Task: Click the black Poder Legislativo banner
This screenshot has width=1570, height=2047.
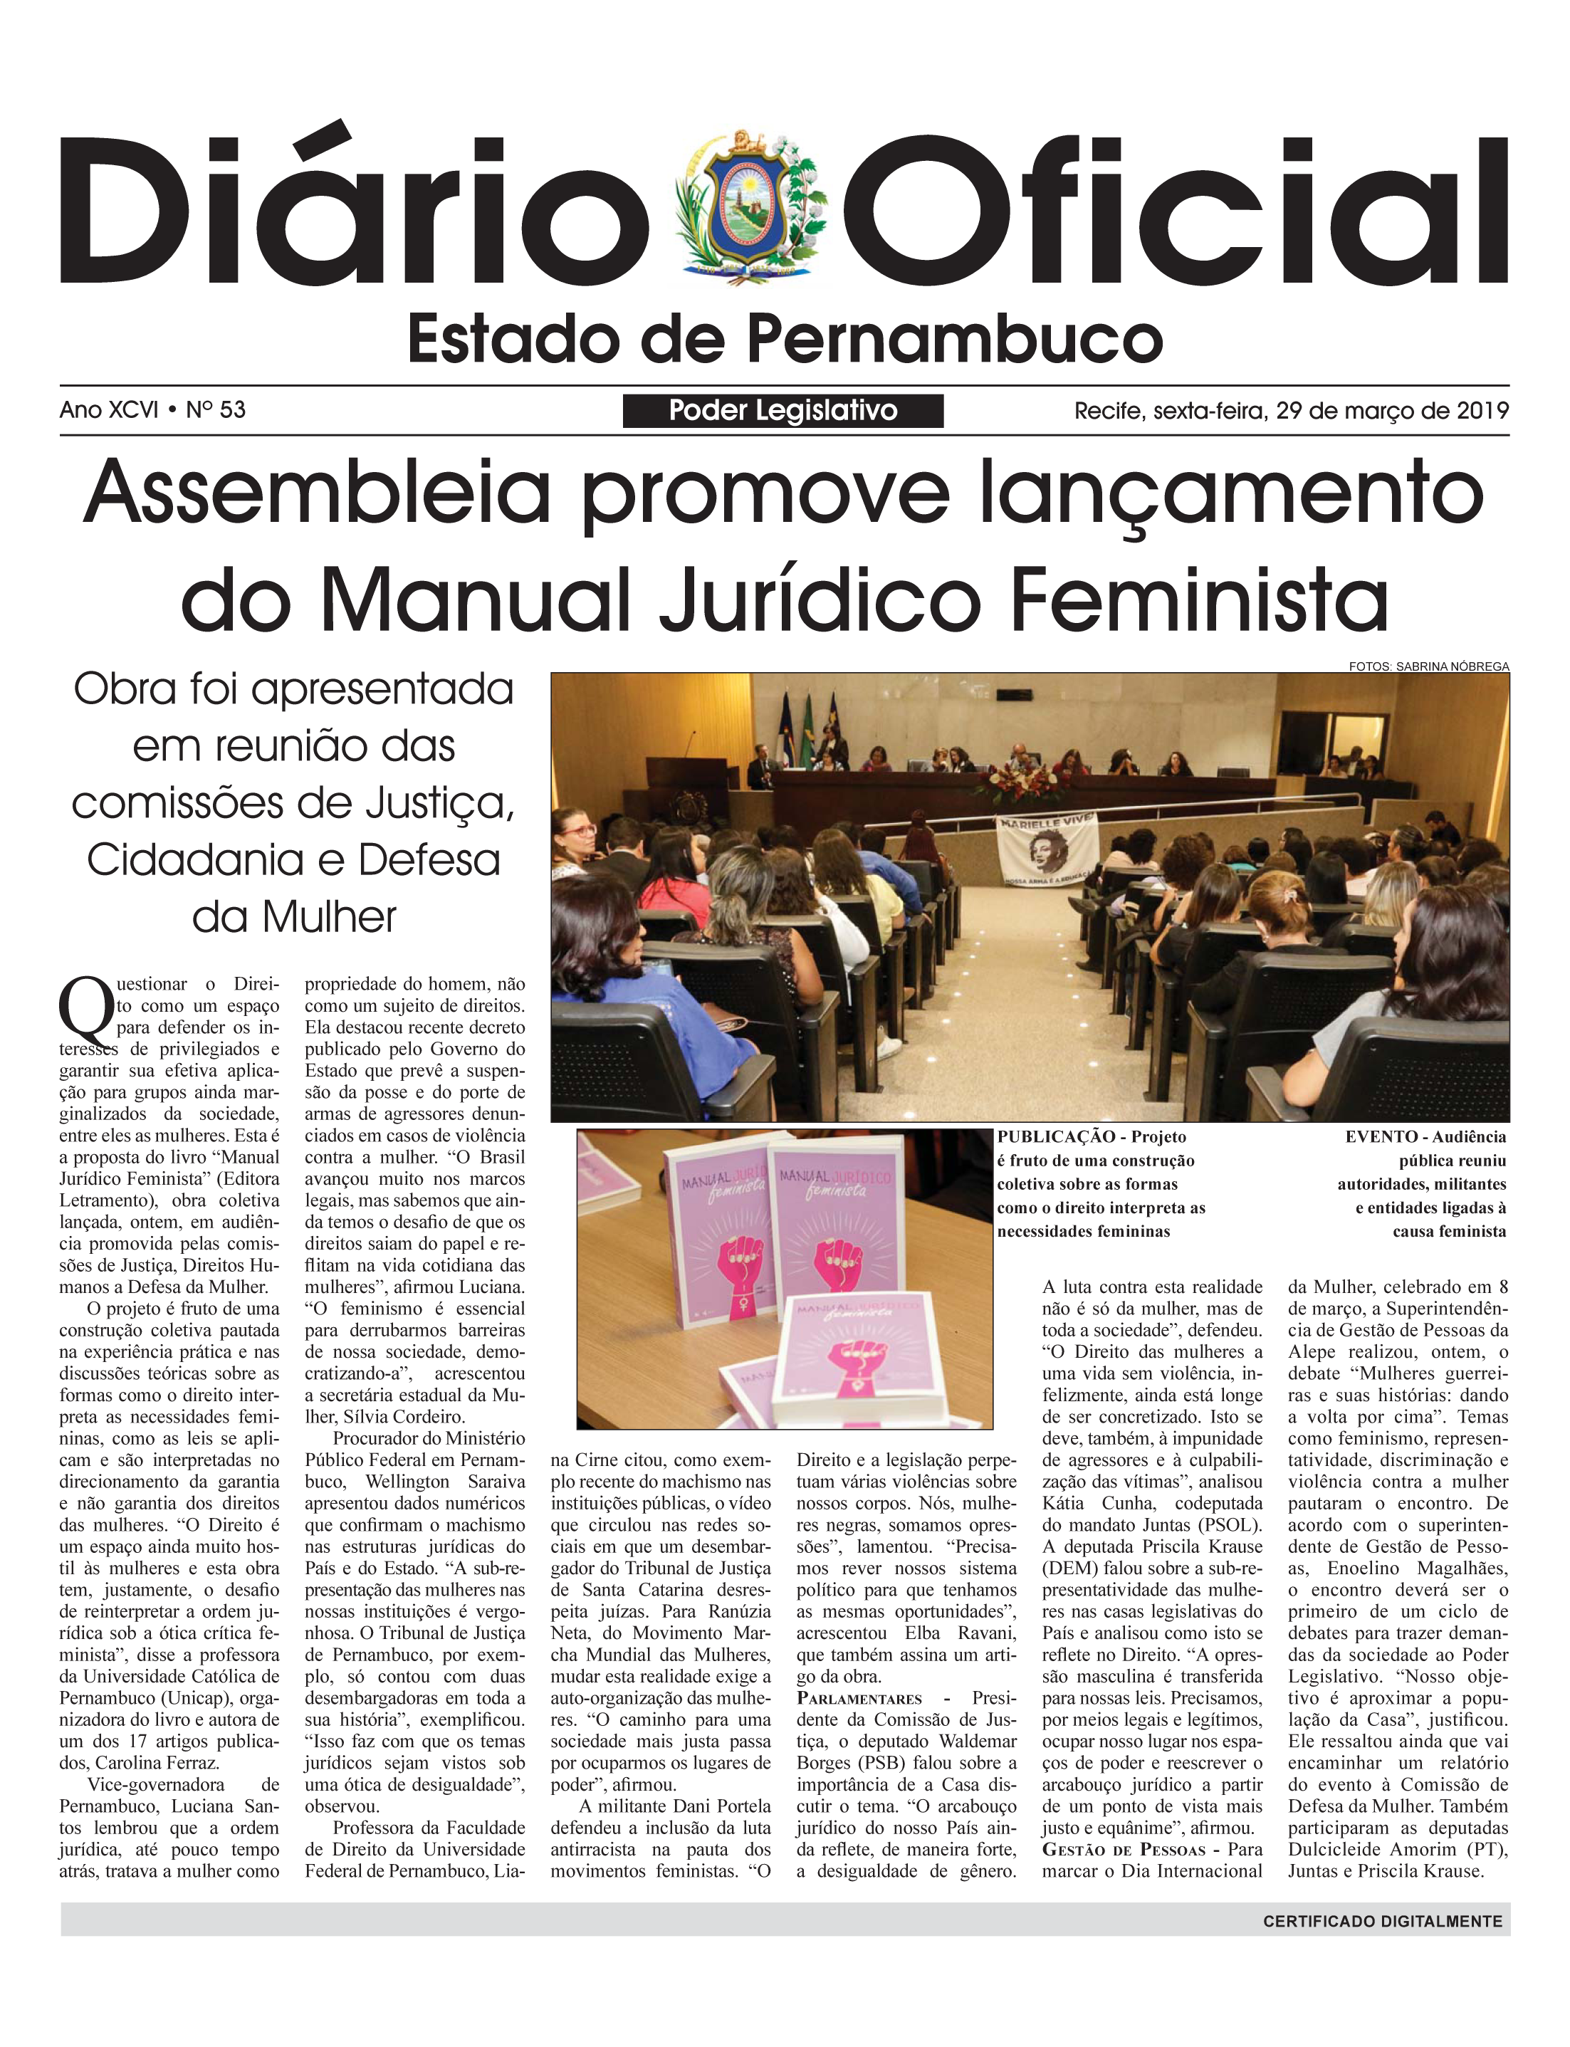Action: (x=783, y=411)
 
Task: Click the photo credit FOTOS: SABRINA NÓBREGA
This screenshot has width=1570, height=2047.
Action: (x=1428, y=666)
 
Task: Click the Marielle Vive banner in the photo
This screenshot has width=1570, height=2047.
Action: (x=1047, y=851)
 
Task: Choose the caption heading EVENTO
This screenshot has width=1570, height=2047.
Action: (x=1381, y=1137)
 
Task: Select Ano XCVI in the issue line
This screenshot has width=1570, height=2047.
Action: (x=108, y=410)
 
